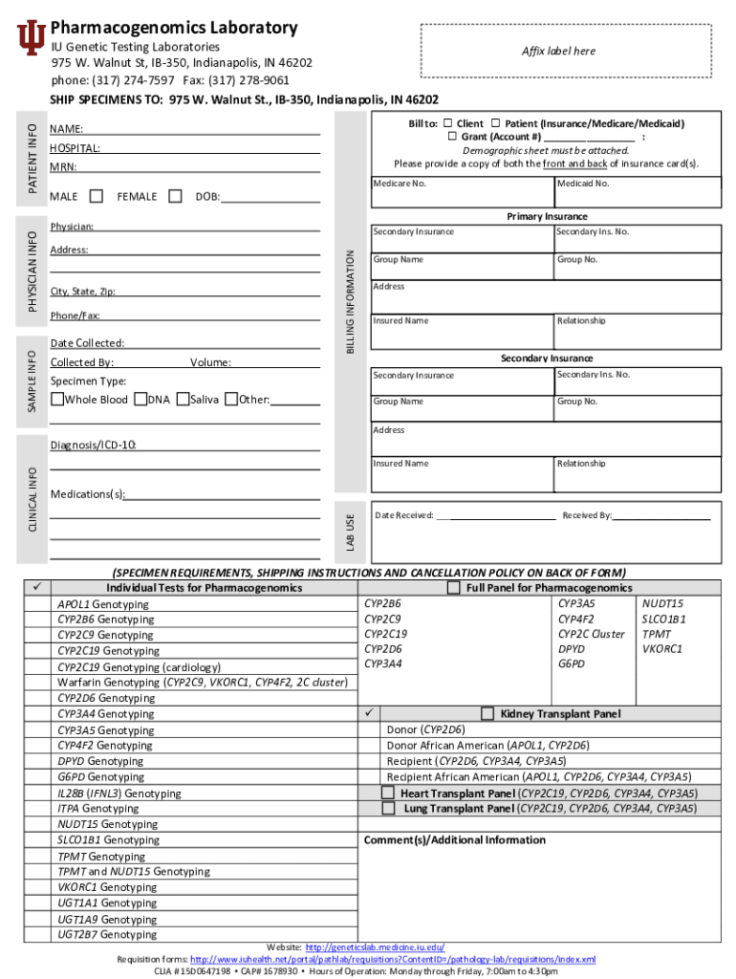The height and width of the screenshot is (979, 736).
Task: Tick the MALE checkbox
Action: [x=97, y=196]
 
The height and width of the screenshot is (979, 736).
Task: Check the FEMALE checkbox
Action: [x=175, y=196]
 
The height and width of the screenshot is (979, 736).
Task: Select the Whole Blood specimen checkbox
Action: [x=56, y=399]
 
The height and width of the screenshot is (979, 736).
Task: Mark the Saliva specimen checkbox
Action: [x=183, y=399]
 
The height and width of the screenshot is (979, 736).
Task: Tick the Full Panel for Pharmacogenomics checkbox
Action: [x=454, y=587]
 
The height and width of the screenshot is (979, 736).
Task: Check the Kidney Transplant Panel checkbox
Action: [x=487, y=713]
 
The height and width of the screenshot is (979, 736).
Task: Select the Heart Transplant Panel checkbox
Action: [x=388, y=793]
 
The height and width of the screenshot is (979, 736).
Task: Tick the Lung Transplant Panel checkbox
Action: [x=388, y=808]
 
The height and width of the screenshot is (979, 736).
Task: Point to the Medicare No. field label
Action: [x=399, y=183]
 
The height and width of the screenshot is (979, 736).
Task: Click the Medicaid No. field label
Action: [x=582, y=183]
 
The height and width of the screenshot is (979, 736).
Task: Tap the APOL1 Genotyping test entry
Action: [x=102, y=604]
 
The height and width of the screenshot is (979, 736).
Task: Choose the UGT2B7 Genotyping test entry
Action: [x=106, y=934]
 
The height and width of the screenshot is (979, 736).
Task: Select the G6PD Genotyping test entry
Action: [x=100, y=777]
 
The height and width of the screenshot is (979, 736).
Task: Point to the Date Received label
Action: [x=404, y=515]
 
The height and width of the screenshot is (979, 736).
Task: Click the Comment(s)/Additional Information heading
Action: [x=454, y=839]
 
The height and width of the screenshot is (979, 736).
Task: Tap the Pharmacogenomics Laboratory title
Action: [x=173, y=28]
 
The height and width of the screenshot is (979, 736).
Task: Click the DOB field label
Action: [x=206, y=197]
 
